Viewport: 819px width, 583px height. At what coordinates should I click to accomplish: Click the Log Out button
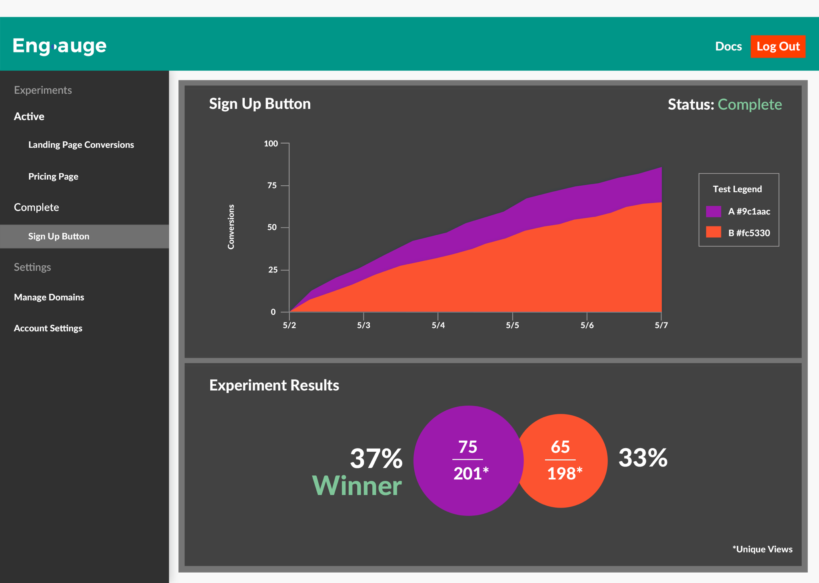pyautogui.click(x=777, y=46)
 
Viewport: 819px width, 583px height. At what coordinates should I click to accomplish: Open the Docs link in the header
pyautogui.click(x=728, y=46)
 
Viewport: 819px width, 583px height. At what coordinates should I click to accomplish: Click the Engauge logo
pyautogui.click(x=60, y=46)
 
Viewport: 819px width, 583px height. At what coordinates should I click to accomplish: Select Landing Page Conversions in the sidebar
pyautogui.click(x=81, y=144)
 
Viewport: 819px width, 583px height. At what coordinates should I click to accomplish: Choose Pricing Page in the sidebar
pyautogui.click(x=53, y=176)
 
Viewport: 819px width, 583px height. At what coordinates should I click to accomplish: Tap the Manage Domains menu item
pyautogui.click(x=49, y=297)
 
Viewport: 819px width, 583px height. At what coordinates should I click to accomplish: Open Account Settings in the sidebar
pyautogui.click(x=48, y=328)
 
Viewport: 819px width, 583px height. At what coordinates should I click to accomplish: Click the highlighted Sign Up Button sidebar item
pyautogui.click(x=59, y=236)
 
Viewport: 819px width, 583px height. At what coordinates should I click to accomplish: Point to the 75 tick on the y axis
pyautogui.click(x=272, y=185)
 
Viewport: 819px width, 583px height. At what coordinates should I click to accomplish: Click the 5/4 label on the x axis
pyautogui.click(x=438, y=325)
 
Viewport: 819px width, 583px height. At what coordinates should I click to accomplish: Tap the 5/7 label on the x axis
pyautogui.click(x=661, y=325)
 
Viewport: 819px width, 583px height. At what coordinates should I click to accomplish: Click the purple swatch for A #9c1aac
pyautogui.click(x=713, y=211)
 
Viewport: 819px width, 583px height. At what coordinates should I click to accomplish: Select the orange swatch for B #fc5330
pyautogui.click(x=713, y=232)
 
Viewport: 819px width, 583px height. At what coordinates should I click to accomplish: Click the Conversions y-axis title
pyautogui.click(x=231, y=227)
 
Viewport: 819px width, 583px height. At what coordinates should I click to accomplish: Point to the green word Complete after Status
pyautogui.click(x=749, y=104)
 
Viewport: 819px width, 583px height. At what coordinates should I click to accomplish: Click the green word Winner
pyautogui.click(x=357, y=486)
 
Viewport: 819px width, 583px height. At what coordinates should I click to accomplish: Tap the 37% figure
pyautogui.click(x=376, y=458)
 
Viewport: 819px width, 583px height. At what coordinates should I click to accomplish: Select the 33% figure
pyautogui.click(x=643, y=457)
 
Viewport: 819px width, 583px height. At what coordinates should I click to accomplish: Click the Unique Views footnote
pyautogui.click(x=762, y=549)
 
